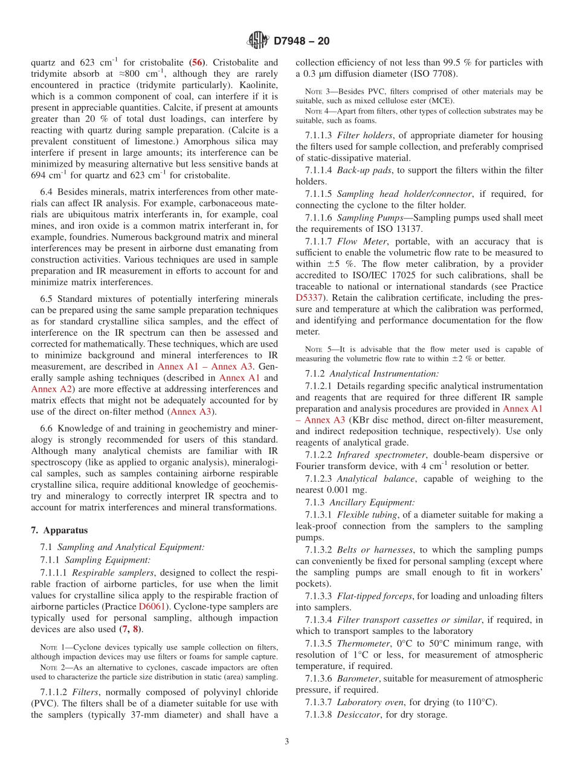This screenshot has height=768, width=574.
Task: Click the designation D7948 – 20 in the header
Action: click(302, 41)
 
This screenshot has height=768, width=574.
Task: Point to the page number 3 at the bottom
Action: click(287, 741)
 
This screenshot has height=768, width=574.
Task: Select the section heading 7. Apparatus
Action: click(59, 530)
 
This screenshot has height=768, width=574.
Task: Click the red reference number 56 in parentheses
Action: click(197, 62)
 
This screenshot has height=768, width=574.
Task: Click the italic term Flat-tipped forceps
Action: click(375, 596)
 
